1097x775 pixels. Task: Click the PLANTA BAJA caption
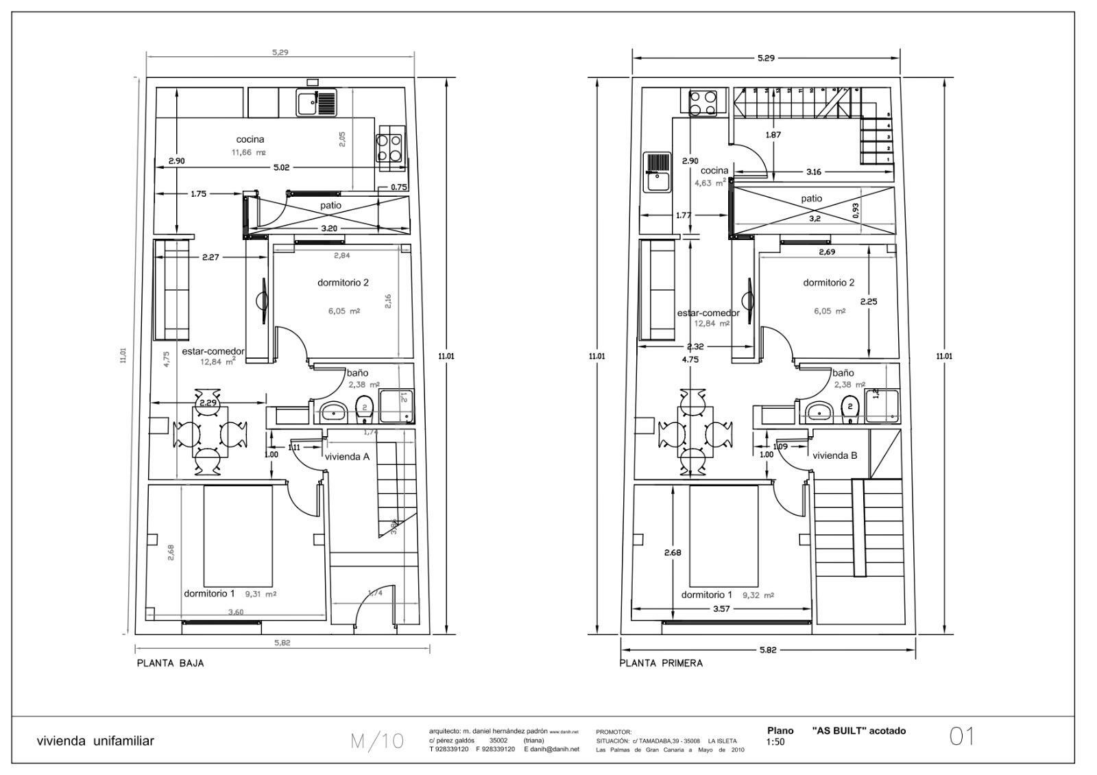point(170,663)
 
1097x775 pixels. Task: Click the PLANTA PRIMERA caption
point(661,663)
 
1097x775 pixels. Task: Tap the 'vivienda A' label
point(347,456)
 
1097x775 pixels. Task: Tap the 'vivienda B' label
point(834,455)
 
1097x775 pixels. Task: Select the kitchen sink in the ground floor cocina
point(317,103)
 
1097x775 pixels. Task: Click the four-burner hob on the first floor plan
point(703,103)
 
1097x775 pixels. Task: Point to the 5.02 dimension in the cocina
point(280,167)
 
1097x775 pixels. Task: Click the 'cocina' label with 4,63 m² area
point(714,171)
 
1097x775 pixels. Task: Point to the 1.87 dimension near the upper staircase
point(773,135)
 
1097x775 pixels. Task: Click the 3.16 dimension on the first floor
point(813,171)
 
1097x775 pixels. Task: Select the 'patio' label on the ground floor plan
point(330,206)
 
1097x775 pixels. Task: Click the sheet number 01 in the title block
point(961,737)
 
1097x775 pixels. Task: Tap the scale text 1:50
point(775,742)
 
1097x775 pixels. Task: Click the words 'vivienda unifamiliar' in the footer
point(95,741)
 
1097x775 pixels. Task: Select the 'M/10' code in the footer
point(377,741)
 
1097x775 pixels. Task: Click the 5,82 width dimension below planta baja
point(282,643)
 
